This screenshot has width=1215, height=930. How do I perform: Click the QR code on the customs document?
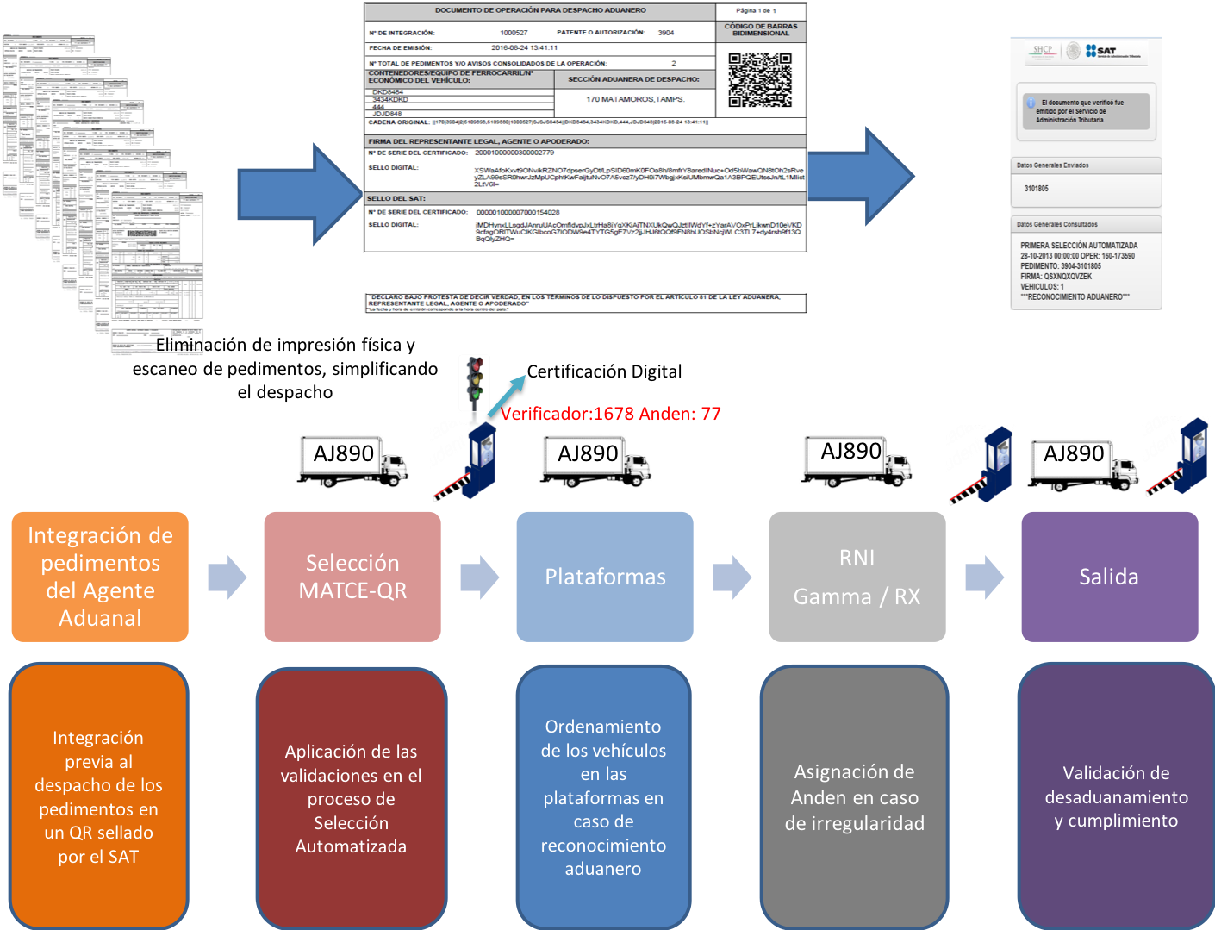(x=759, y=80)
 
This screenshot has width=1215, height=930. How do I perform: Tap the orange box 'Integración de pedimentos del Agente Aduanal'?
(x=100, y=577)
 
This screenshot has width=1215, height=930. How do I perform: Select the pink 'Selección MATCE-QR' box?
(x=352, y=577)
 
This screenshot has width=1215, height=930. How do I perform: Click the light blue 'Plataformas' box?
(x=605, y=577)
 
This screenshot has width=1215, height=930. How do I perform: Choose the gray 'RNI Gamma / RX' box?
(x=857, y=577)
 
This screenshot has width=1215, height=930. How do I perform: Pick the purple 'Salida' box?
(x=1109, y=577)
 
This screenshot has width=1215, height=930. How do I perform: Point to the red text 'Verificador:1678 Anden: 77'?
(x=610, y=414)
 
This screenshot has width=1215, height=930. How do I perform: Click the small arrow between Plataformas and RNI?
(x=732, y=577)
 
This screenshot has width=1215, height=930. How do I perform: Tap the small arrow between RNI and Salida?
(x=984, y=577)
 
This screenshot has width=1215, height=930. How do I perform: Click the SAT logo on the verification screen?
(x=1112, y=52)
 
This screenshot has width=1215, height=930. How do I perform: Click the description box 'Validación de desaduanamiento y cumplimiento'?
(x=1116, y=796)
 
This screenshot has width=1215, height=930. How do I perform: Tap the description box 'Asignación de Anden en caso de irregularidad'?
(x=854, y=796)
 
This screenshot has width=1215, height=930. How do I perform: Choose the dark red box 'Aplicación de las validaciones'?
(x=351, y=798)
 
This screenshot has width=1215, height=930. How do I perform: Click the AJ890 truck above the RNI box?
(x=856, y=460)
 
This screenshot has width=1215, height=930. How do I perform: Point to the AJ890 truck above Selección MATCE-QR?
(x=352, y=460)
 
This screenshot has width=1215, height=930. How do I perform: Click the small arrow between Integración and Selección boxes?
(x=227, y=577)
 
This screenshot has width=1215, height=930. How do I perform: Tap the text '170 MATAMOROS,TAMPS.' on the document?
(x=635, y=99)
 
